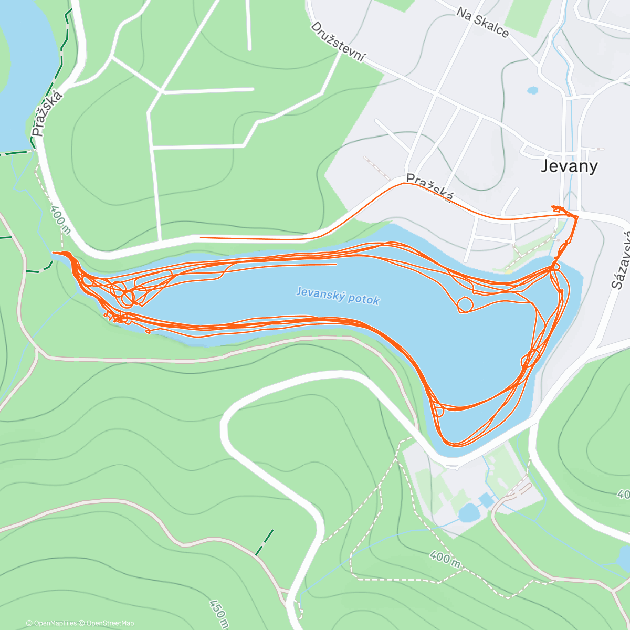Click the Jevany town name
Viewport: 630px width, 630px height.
coord(570,166)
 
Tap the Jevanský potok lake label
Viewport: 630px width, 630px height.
coord(337,295)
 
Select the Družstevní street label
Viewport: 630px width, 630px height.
coord(338,42)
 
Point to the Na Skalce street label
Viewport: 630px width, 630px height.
coord(482,22)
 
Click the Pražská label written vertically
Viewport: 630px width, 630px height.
coord(47,113)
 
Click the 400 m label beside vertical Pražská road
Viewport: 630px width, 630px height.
coord(60,219)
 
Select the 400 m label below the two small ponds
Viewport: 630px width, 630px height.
coord(445,558)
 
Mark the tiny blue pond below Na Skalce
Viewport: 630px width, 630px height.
coord(532,90)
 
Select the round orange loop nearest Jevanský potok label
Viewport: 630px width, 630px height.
coord(464,304)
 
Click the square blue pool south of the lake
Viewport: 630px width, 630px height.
coord(486,500)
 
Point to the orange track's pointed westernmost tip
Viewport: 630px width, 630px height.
coord(54,253)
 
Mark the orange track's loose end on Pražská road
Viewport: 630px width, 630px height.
coord(201,237)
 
